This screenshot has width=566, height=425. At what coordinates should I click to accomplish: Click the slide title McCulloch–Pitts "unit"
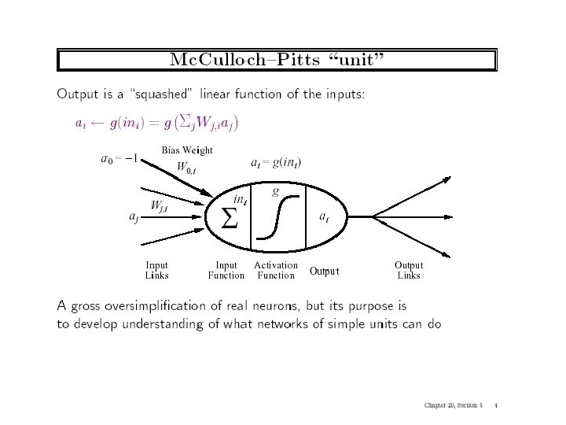(x=277, y=61)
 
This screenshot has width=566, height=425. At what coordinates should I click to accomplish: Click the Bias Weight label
(x=187, y=150)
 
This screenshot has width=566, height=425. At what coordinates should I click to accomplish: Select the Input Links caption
(x=156, y=271)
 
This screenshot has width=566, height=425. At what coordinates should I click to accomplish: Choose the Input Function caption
(x=226, y=271)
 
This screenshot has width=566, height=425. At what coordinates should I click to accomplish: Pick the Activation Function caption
(x=276, y=271)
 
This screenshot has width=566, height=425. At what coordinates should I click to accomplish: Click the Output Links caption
(x=408, y=271)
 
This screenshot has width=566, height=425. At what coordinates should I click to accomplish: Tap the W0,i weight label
(x=186, y=167)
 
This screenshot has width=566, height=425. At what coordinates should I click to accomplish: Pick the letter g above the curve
(x=275, y=190)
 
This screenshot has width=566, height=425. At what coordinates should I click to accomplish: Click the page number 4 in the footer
(x=498, y=406)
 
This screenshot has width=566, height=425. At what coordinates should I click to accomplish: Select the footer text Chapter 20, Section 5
(x=453, y=406)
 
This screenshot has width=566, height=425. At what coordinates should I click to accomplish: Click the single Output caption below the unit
(x=324, y=272)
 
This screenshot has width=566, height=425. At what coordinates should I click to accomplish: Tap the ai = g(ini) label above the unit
(x=275, y=163)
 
